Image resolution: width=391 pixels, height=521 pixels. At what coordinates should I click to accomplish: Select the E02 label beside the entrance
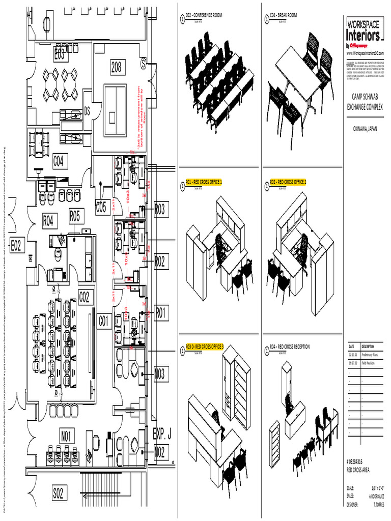click(16, 246)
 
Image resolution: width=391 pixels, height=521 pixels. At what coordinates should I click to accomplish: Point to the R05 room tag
click(75, 216)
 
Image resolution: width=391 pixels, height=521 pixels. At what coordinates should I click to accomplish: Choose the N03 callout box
click(160, 375)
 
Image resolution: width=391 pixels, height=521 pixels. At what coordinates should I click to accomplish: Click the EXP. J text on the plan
click(162, 434)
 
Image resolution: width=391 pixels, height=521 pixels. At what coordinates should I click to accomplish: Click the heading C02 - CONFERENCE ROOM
click(204, 16)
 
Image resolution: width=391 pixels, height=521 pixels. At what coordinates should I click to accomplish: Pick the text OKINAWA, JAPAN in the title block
click(364, 129)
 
